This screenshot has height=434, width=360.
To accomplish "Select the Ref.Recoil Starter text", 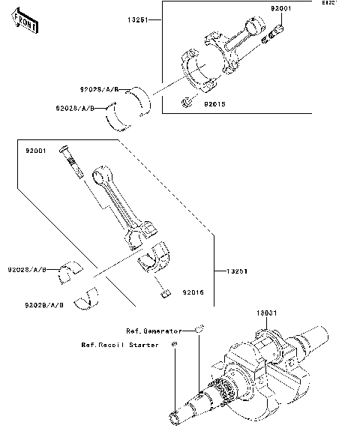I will (x=120, y=346).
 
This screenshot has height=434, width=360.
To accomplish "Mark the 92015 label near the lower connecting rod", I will (x=193, y=292).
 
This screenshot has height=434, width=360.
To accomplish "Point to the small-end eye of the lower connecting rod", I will (x=98, y=177).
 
